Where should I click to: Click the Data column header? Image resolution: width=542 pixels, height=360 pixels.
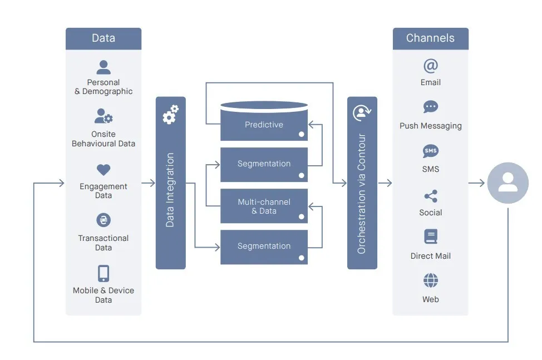pos(104,38)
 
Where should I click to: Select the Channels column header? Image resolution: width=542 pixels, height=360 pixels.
pos(430,38)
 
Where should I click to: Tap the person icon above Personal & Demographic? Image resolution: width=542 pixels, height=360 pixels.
pos(104,67)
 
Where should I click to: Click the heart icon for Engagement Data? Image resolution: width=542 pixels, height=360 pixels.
pos(104,170)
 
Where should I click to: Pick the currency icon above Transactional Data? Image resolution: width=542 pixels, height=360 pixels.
pos(104,220)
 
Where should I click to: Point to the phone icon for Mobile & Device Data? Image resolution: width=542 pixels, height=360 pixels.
pos(104,273)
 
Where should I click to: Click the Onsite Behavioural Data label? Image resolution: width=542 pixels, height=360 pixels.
pos(104,139)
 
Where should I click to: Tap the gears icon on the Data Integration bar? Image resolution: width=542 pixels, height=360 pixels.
pos(170,114)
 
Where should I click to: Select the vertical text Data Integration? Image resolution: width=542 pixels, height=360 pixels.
pos(170,190)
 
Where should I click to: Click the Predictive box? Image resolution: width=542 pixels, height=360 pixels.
pos(264,125)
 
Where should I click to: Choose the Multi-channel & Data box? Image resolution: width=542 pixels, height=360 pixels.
pos(264,206)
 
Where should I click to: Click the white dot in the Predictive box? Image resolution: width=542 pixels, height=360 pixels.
pos(301,134)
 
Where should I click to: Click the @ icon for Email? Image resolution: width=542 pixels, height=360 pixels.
pos(431,66)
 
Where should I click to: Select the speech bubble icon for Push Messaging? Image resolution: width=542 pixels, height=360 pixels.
pos(431,107)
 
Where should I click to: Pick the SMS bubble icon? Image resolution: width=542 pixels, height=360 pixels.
pos(431,151)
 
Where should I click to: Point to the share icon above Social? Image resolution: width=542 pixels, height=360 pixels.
pos(431,196)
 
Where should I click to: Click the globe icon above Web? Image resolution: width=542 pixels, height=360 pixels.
pos(431,280)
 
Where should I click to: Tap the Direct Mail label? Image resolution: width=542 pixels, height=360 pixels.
pos(431,256)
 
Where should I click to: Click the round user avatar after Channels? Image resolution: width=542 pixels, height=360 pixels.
pos(507,183)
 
